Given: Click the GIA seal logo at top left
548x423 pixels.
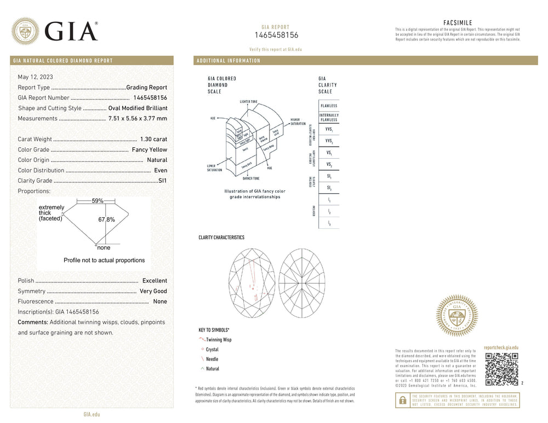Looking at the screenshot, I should pos(25,31).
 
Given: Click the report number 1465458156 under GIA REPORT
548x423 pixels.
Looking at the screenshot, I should pos(276,35).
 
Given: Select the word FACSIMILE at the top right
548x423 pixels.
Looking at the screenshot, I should pos(457,22).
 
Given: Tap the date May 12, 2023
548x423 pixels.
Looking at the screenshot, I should pos(36,77).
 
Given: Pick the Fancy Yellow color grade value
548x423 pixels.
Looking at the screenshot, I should pos(150,150).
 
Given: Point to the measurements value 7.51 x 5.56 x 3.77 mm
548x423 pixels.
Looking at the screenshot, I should pos(138,119).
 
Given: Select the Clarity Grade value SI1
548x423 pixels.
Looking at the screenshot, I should pos(162,181).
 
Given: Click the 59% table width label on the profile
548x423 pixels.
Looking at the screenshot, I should pos(98,201).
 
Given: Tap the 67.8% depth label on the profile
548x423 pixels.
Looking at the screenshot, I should pos(106,219).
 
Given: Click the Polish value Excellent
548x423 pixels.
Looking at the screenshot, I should pos(155,281).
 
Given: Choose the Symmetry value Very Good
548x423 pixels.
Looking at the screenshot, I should pos(153,291).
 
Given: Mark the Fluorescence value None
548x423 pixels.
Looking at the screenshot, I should pos(160,302).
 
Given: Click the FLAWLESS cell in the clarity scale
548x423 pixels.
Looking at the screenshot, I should pos(329,106).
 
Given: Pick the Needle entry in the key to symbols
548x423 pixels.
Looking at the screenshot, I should pos(212,359).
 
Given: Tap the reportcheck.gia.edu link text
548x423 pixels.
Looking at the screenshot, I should pos(501,347).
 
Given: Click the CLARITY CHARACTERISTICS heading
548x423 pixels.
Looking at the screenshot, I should pos(221,237).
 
